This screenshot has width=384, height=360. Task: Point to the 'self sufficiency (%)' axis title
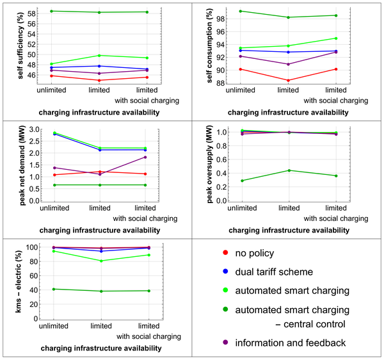pos(11,47)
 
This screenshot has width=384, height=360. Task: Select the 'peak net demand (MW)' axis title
pos(11,165)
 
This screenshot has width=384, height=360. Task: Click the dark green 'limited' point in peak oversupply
pos(289,170)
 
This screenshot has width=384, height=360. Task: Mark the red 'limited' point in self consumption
pos(289,81)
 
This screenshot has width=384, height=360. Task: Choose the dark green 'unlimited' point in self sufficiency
pos(52,11)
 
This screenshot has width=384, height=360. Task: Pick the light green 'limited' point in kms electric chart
pos(100,261)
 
